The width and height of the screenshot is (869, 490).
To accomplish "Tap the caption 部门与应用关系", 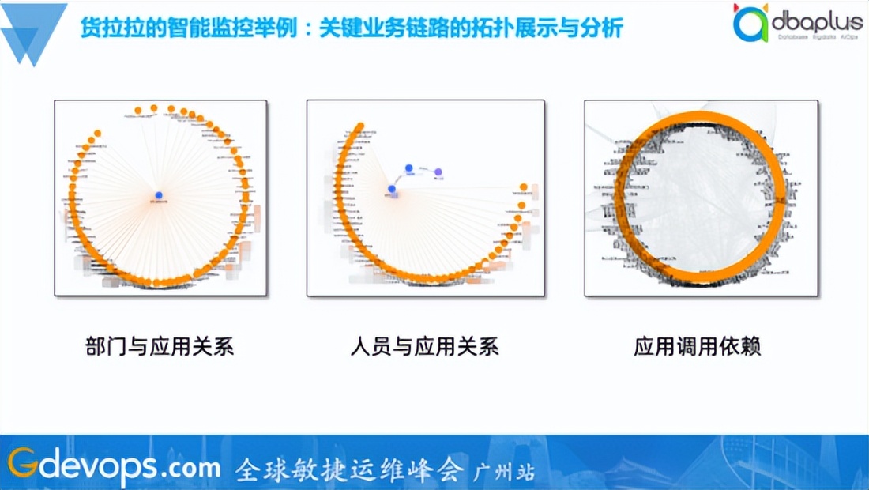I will pyautogui.click(x=160, y=347).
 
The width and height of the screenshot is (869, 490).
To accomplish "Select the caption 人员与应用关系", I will pyautogui.click(x=425, y=347).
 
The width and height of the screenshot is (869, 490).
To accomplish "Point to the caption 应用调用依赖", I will pyautogui.click(x=697, y=347).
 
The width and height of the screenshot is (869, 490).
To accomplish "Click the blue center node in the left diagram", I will pyautogui.click(x=158, y=195).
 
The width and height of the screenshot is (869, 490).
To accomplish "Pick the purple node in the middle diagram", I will pyautogui.click(x=438, y=171).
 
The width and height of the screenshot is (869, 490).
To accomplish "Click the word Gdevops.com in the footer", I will pyautogui.click(x=114, y=466).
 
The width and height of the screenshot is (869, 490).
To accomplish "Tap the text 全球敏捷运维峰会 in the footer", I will pyautogui.click(x=348, y=469).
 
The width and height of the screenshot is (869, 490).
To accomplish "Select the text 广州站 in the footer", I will pyautogui.click(x=504, y=472).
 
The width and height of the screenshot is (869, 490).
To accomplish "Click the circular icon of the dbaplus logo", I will pyautogui.click(x=750, y=24).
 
